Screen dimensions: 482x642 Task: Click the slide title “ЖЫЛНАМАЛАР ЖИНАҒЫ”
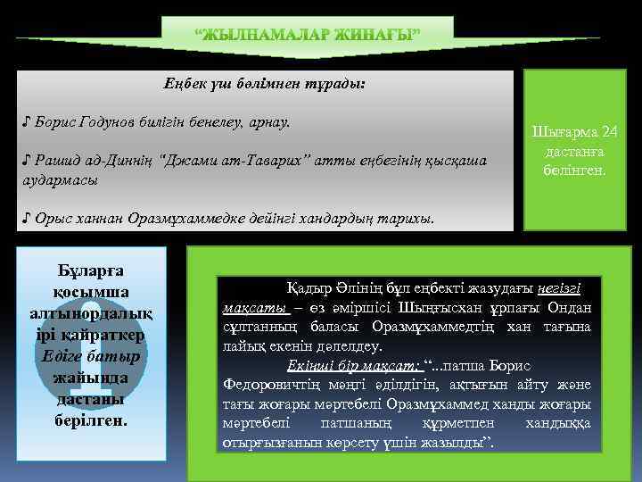point(308,36)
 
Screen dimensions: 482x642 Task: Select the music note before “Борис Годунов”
point(28,120)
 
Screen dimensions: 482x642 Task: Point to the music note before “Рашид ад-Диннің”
point(28,160)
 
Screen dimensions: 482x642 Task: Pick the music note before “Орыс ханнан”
point(28,217)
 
